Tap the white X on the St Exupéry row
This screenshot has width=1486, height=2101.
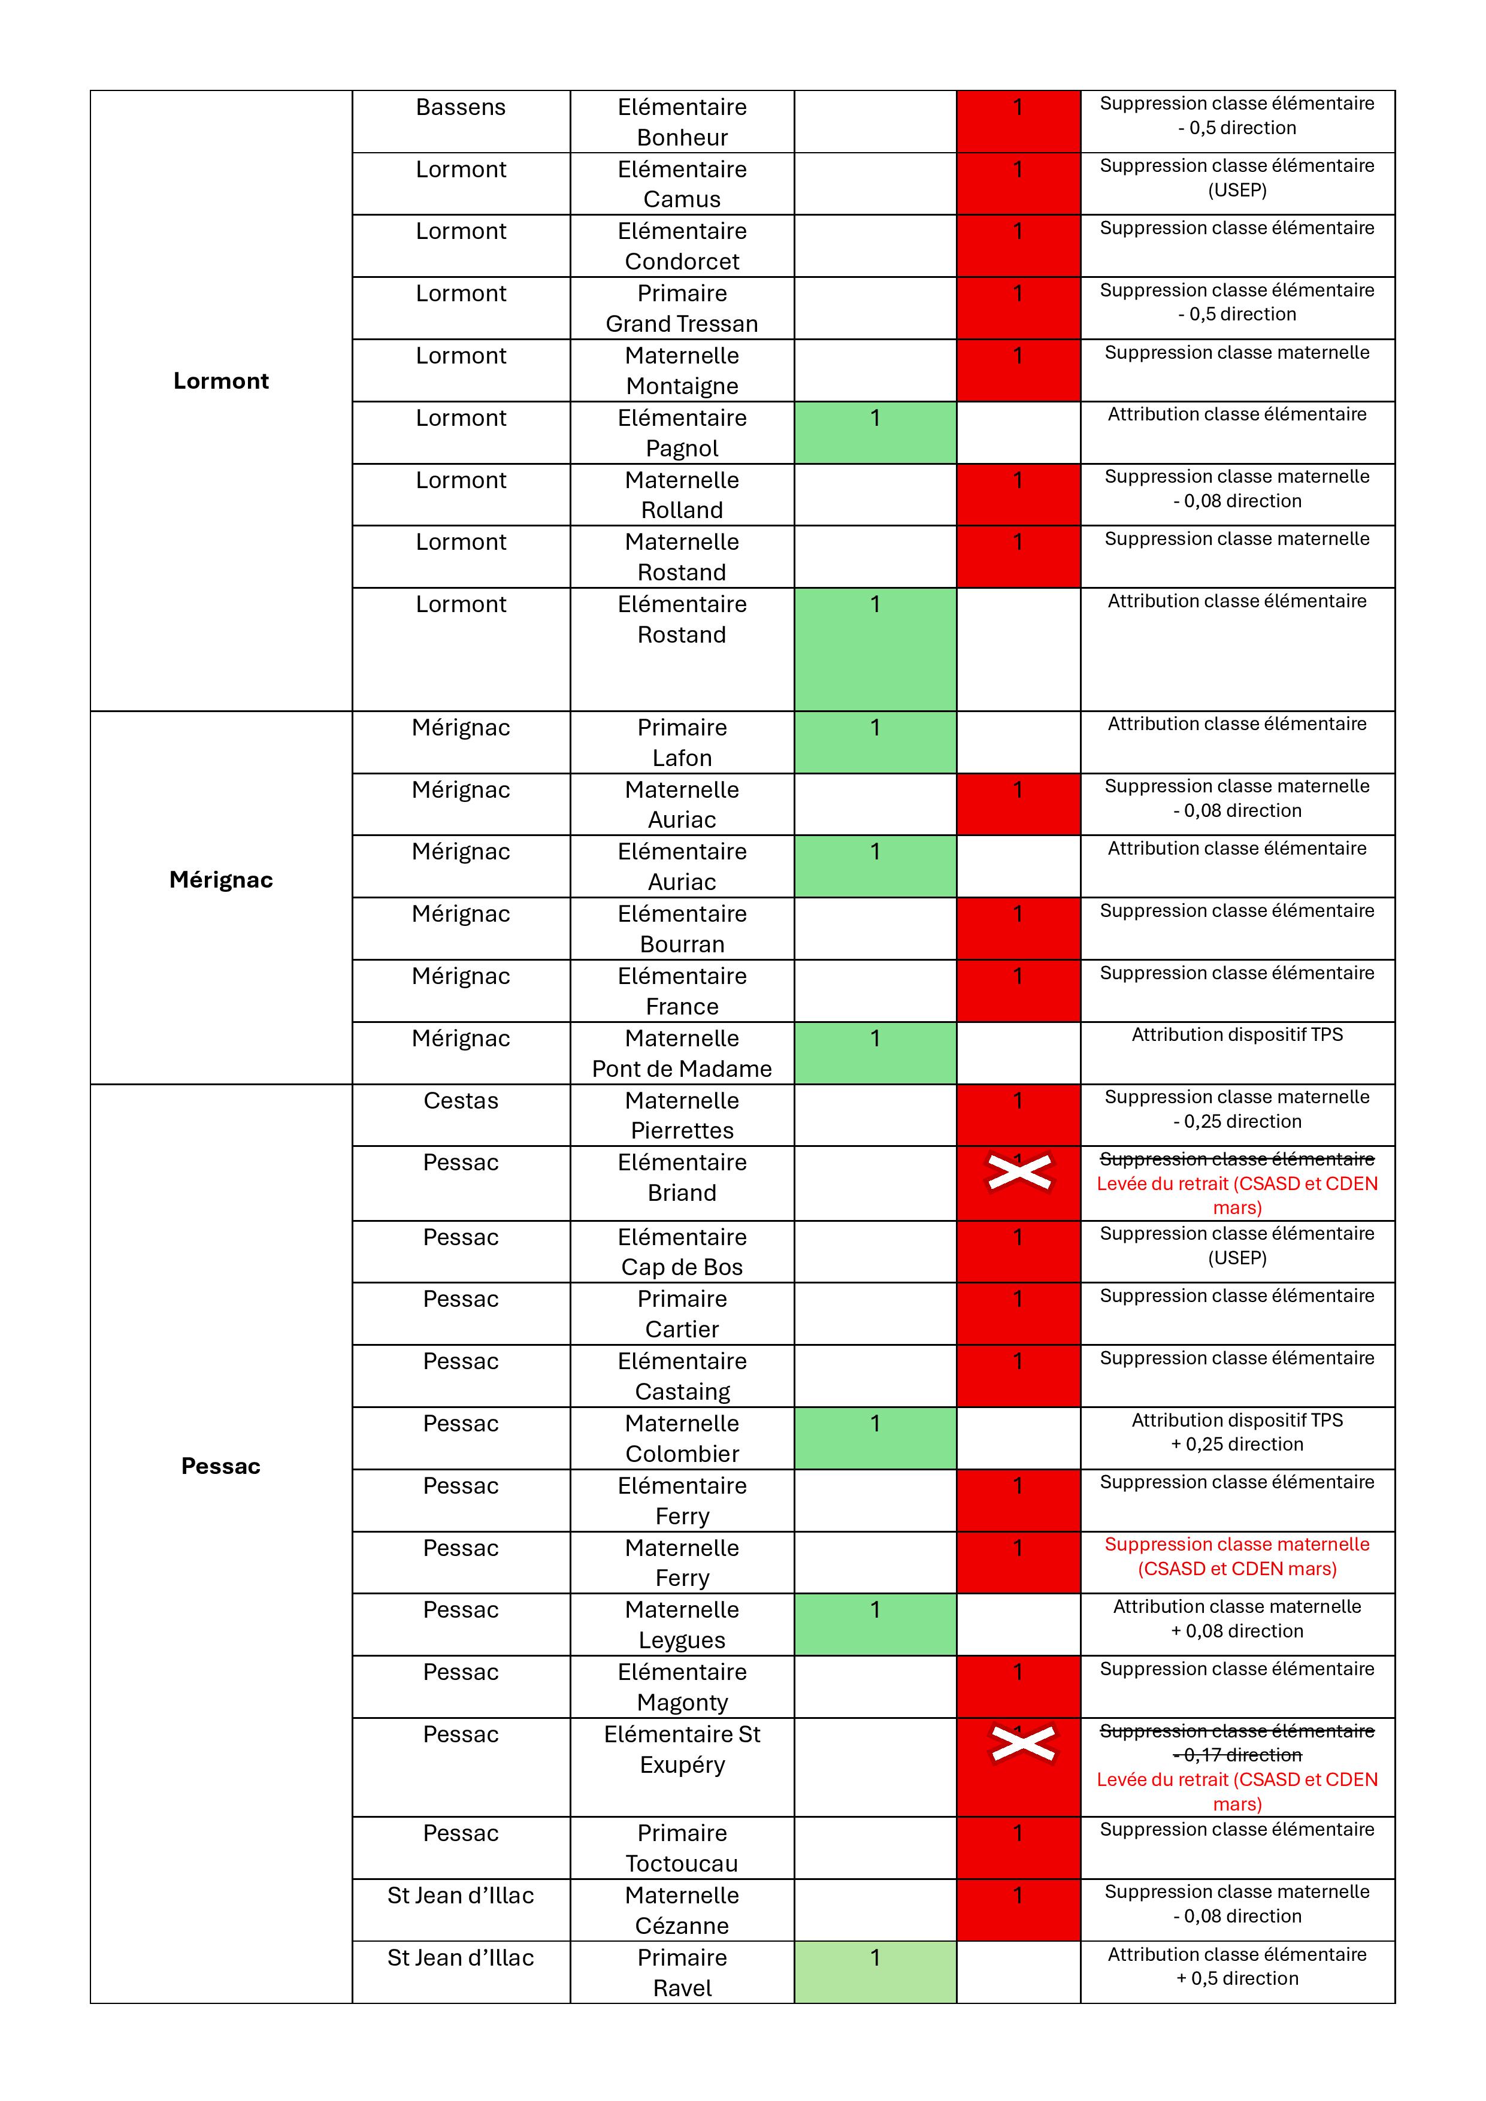(x=1023, y=1743)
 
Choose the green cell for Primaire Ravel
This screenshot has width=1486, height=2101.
(x=874, y=1972)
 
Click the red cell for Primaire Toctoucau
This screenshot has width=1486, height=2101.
(x=1018, y=1848)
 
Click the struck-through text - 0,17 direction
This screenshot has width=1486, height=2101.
(x=1237, y=1755)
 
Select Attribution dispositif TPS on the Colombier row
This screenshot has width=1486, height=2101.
(x=1237, y=1420)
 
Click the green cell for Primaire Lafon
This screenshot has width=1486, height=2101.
(x=874, y=742)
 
